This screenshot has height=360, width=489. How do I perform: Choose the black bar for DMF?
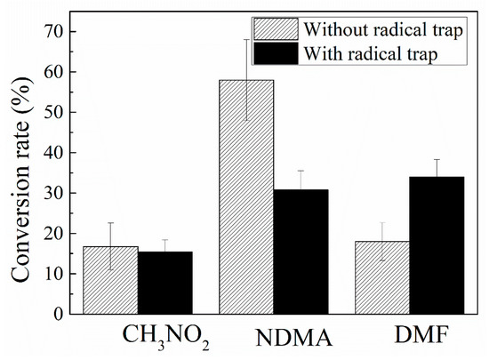pyautogui.click(x=437, y=245)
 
